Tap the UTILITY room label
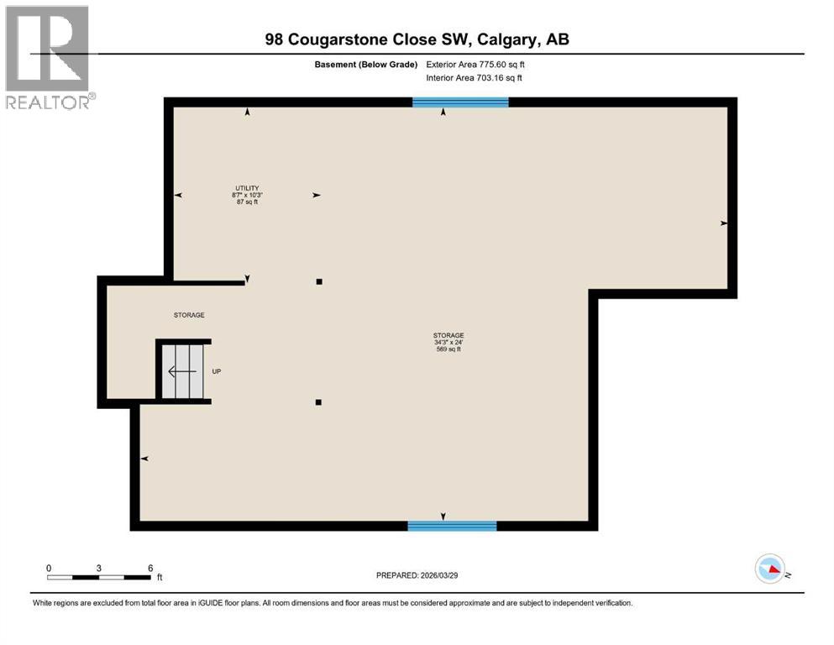pos(246,187)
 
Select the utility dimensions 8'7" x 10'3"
pos(246,195)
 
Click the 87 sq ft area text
pos(246,202)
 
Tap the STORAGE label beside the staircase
pos(189,315)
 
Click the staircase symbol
pos(182,371)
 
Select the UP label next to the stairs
pos(216,371)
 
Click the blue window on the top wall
pos(460,102)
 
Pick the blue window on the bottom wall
pos(452,526)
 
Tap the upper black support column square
pos(319,282)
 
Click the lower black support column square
pos(319,402)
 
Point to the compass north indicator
pos(771,569)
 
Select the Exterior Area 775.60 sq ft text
pos(475,64)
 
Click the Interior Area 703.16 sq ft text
pos(475,78)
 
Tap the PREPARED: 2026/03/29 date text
pos(417,575)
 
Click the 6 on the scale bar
pos(150,568)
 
